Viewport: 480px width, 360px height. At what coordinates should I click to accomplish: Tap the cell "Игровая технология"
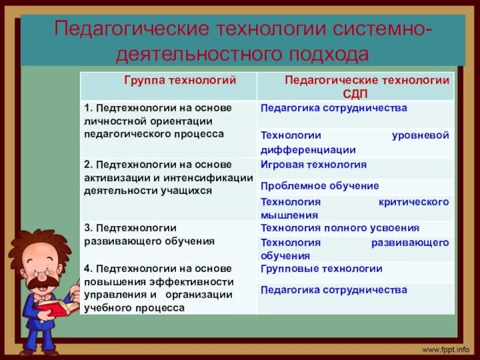[313, 164]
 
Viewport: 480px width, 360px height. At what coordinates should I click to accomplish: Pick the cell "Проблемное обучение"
[320, 185]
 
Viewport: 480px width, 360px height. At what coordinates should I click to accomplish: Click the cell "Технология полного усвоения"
[340, 228]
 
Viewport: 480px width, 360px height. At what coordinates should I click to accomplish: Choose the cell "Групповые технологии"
[321, 269]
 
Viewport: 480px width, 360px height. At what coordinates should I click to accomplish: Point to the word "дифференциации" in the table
[308, 150]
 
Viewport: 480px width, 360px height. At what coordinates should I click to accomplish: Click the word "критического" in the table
[413, 202]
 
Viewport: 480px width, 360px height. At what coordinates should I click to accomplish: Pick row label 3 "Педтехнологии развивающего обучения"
[150, 234]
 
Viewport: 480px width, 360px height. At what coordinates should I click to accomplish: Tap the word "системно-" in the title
[377, 29]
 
